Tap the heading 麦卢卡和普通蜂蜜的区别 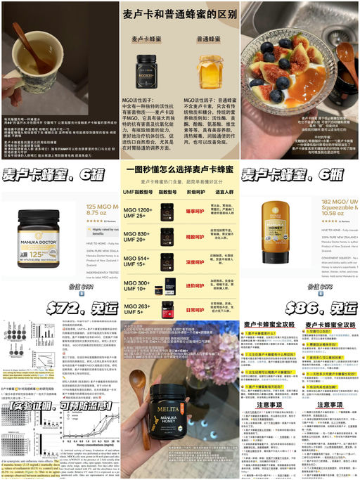pos(179,13)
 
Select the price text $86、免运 pos(321,307)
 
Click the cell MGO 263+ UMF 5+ pos(138,309)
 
